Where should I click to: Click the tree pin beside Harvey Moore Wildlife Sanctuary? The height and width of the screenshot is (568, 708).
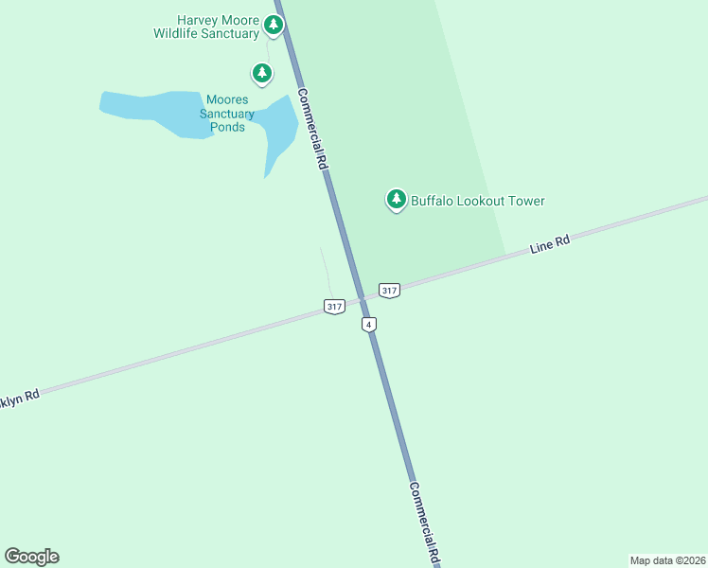tap(274, 25)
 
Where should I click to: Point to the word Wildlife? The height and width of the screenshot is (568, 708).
tap(182, 34)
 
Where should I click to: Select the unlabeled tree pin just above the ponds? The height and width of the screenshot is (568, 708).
tap(262, 72)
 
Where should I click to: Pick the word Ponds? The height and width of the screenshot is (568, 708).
tap(228, 127)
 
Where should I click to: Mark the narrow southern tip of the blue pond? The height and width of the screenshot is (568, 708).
tap(267, 174)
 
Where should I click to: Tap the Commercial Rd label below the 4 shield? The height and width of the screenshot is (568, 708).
tap(425, 524)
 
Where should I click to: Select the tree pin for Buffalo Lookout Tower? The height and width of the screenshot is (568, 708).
tap(397, 200)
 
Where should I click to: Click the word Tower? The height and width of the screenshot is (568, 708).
tap(526, 201)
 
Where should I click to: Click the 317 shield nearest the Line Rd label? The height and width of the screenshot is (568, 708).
tap(389, 290)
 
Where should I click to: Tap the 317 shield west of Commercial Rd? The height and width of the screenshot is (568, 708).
tap(333, 307)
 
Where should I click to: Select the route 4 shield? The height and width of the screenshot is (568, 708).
tap(369, 325)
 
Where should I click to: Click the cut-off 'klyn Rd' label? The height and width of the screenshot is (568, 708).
tap(19, 399)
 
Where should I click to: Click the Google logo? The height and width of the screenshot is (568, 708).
tap(31, 557)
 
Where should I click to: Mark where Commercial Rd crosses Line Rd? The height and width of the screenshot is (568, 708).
tap(362, 298)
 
